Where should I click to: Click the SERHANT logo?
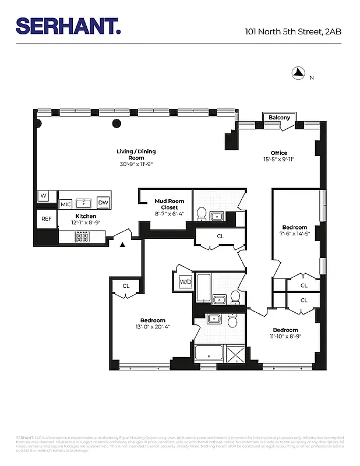pyautogui.click(x=68, y=26)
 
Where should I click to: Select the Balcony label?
pyautogui.click(x=279, y=118)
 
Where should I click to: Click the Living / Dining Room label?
pyautogui.click(x=136, y=154)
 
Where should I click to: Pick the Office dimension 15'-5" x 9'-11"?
pyautogui.click(x=279, y=159)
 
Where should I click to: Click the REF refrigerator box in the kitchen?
pyautogui.click(x=46, y=219)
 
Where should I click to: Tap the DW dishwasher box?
pyautogui.click(x=103, y=202)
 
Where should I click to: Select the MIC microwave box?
pyautogui.click(x=65, y=204)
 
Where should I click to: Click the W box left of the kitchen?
pyautogui.click(x=43, y=196)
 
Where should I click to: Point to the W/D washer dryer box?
pyautogui.click(x=185, y=282)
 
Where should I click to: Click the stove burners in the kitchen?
pyautogui.click(x=82, y=236)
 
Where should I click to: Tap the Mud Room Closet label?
pyautogui.click(x=170, y=204)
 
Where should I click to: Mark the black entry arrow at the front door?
pyautogui.click(x=122, y=245)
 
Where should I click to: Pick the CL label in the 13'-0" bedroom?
pyautogui.click(x=126, y=285)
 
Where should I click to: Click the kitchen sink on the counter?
pyautogui.click(x=85, y=203)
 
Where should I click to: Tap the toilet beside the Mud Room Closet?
pyautogui.click(x=201, y=214)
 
